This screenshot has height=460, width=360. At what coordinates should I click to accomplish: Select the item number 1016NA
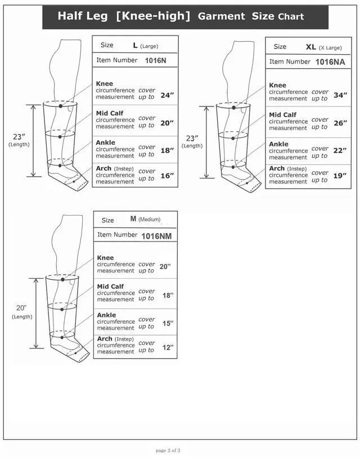point(330,62)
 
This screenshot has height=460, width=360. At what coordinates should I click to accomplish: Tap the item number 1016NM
point(156,236)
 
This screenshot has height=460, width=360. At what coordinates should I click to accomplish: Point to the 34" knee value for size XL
point(340,95)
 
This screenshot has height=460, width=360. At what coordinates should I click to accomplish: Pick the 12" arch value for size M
point(168,347)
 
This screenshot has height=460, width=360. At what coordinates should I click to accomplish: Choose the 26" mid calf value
point(340,123)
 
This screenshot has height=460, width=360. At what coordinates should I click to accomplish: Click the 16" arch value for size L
point(168,176)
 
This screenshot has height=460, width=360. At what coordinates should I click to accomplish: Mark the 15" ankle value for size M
point(168,324)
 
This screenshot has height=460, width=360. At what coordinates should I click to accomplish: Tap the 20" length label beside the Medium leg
point(21,308)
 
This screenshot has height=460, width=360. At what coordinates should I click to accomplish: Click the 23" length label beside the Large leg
point(19,136)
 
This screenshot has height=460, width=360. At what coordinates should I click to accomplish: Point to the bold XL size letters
point(310,47)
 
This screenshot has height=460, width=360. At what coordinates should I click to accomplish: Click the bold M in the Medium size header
point(133,218)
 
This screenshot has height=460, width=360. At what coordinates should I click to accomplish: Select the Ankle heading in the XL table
point(278,144)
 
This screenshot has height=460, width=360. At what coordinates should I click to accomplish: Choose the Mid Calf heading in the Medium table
point(110,287)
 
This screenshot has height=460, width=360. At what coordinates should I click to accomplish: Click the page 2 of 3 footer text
point(168,450)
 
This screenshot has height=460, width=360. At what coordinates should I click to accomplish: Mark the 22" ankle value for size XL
point(340,151)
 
